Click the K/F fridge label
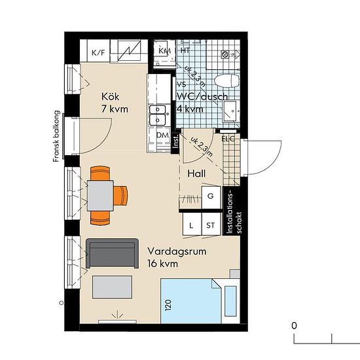coord(98,53)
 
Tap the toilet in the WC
coord(226,81)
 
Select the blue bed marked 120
coord(190,301)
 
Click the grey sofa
coord(112,253)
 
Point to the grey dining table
coord(100,196)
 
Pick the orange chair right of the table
coord(120,196)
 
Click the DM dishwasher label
coord(162,135)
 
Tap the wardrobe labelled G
coord(211,197)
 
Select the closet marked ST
coord(211,225)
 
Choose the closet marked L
coord(192,225)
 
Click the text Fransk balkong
coord(56,136)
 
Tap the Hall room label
coord(196,173)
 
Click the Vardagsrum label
coord(177,251)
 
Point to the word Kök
coord(110,97)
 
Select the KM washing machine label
coord(164,51)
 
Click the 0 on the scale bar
coord(294,325)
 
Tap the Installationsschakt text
coord(234,213)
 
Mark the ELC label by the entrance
coord(228,139)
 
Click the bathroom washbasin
coord(231,111)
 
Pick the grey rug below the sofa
coord(113,287)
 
